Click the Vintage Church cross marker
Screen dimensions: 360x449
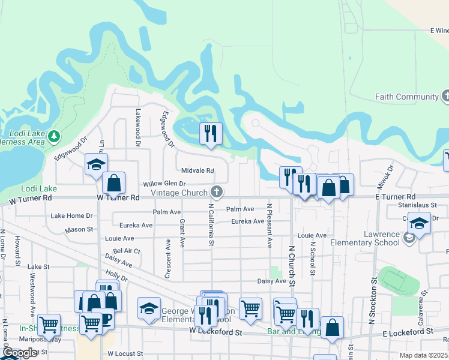tap(217, 193)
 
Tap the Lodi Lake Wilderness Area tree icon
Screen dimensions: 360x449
tap(55, 136)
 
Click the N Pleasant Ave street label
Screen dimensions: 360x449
tap(270, 226)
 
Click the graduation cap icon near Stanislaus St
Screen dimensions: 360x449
tap(419, 223)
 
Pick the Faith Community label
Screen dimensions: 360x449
tap(407, 97)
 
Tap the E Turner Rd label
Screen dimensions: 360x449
tap(393, 197)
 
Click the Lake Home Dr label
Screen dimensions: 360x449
tap(72, 215)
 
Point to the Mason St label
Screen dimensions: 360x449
tap(79, 229)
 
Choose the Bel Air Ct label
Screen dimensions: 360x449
tap(126, 251)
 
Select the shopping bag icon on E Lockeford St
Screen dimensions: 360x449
tap(332, 328)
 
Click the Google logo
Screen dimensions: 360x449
tap(20, 353)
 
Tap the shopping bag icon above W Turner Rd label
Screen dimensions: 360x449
tap(113, 183)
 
